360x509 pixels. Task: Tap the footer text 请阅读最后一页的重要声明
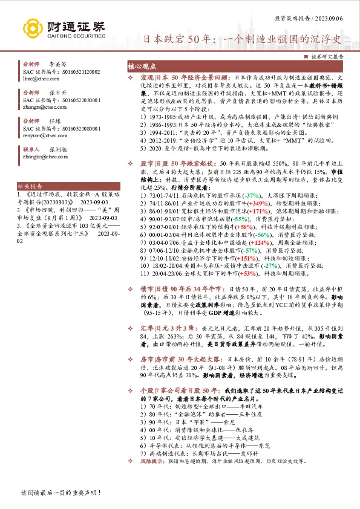pyautogui.click(x=61, y=493)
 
